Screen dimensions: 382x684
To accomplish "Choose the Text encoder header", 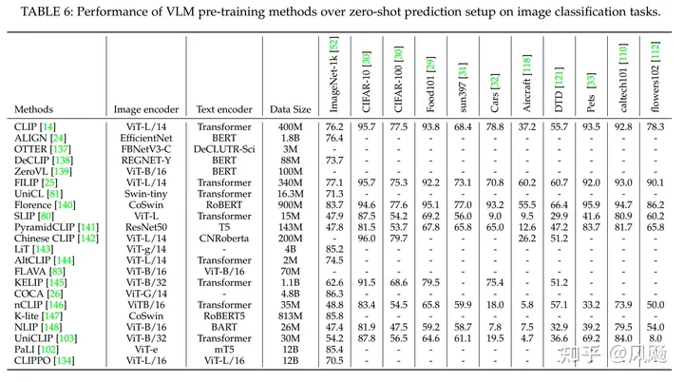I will [226, 109].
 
